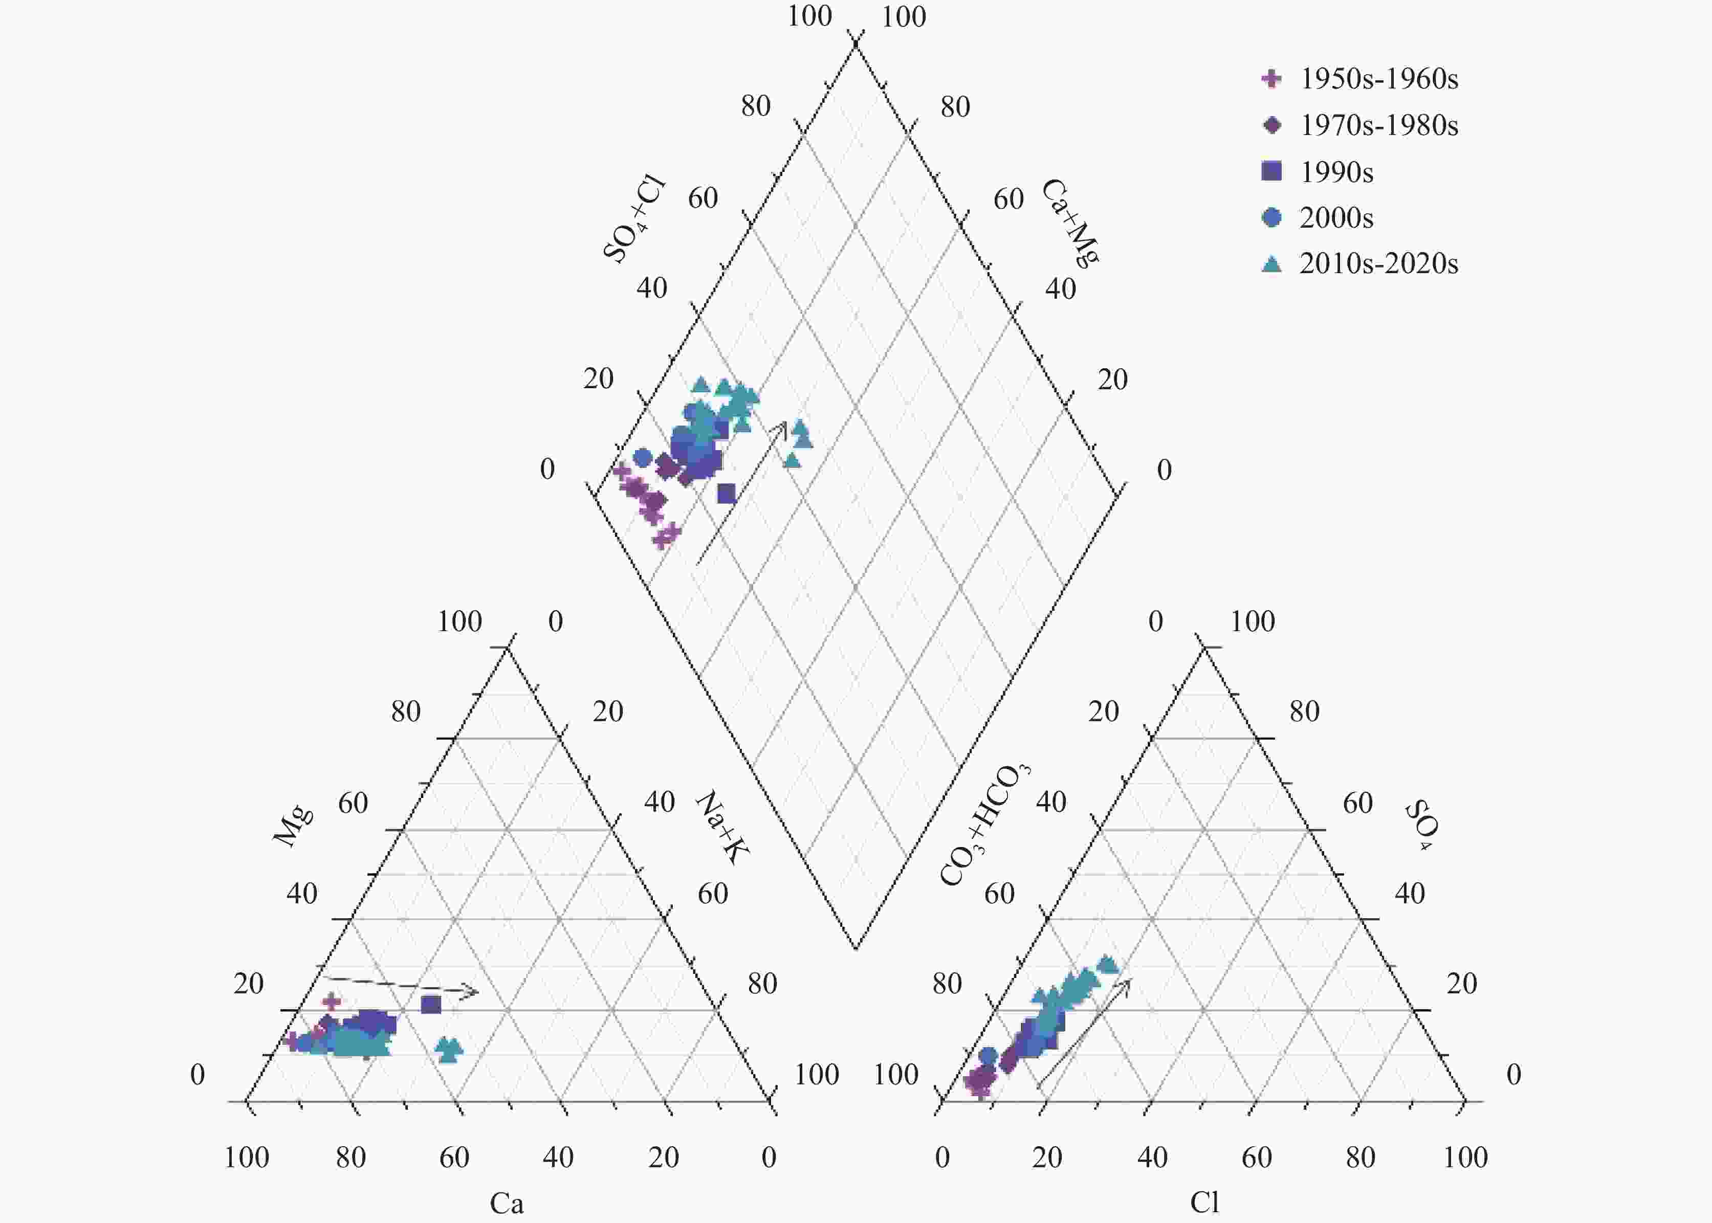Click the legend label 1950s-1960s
(1379, 79)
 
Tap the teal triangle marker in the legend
(1271, 263)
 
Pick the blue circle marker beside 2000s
(1271, 217)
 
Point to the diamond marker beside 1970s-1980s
(1271, 125)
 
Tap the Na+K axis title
(721, 827)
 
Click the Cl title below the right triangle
(1204, 1202)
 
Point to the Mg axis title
(292, 826)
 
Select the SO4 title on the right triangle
(1421, 826)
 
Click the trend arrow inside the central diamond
(742, 493)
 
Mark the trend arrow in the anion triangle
(1085, 1033)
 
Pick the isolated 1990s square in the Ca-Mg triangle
(431, 1004)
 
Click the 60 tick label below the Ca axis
(454, 1157)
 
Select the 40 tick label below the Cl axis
(1152, 1157)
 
